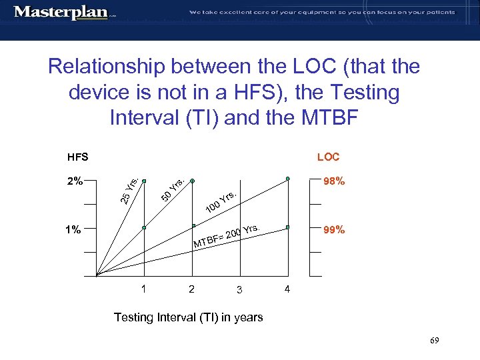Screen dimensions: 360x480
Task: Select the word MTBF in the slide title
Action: (325, 118)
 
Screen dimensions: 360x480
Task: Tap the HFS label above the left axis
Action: (78, 157)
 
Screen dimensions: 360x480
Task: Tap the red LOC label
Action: (328, 157)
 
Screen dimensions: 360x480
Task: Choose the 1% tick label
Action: (73, 230)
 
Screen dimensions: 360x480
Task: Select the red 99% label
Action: (333, 230)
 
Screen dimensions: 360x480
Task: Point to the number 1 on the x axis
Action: (143, 289)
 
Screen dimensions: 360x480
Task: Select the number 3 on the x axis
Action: (238, 289)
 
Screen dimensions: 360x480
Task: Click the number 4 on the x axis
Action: (287, 289)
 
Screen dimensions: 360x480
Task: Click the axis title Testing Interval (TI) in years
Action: (188, 317)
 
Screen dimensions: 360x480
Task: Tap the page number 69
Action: (434, 341)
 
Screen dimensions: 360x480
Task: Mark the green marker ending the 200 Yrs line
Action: (288, 227)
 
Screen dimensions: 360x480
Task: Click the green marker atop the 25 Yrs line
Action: (144, 179)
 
